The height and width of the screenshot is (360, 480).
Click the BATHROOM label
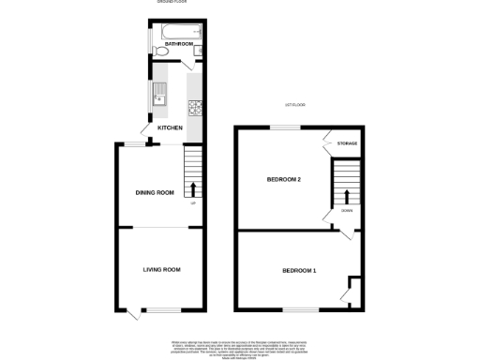(178, 44)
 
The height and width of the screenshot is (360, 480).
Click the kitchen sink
(159, 93)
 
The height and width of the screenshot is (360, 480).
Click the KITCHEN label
(170, 127)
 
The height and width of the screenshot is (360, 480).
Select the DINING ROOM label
(156, 192)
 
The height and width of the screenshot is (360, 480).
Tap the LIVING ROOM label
(161, 270)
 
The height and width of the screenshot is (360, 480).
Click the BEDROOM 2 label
(283, 179)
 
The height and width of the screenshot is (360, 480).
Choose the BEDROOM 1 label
(299, 271)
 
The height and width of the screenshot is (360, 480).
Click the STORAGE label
(347, 143)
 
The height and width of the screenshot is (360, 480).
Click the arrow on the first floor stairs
(348, 197)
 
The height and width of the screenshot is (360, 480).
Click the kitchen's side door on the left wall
(145, 129)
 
